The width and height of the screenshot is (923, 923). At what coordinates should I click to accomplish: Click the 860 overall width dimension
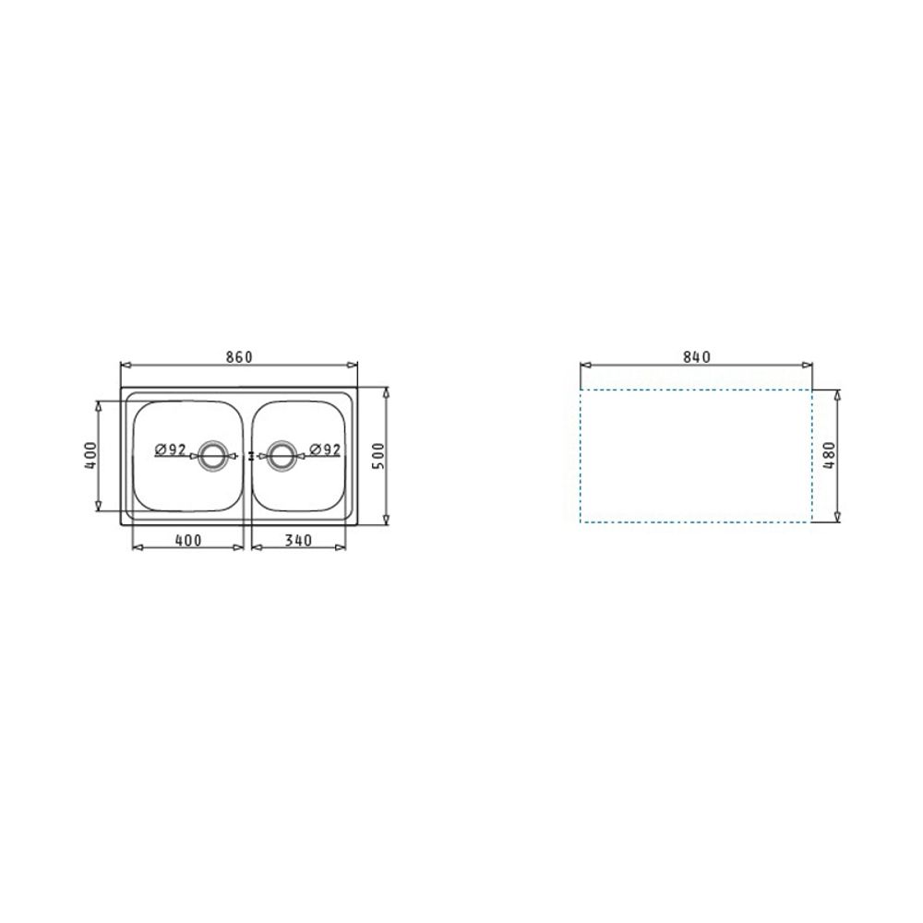click(x=239, y=357)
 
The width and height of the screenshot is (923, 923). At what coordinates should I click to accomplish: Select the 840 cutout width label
click(x=697, y=357)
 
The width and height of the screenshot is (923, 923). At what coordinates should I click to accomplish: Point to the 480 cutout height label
click(x=830, y=455)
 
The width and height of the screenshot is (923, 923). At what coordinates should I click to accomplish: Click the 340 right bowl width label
click(x=298, y=540)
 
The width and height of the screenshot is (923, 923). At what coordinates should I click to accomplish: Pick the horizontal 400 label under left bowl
click(x=188, y=540)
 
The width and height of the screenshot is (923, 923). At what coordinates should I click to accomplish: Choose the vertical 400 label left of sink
click(x=90, y=455)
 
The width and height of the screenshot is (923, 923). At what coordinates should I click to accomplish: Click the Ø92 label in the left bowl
click(x=171, y=450)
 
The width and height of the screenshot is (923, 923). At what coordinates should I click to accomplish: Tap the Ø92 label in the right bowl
click(x=325, y=450)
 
